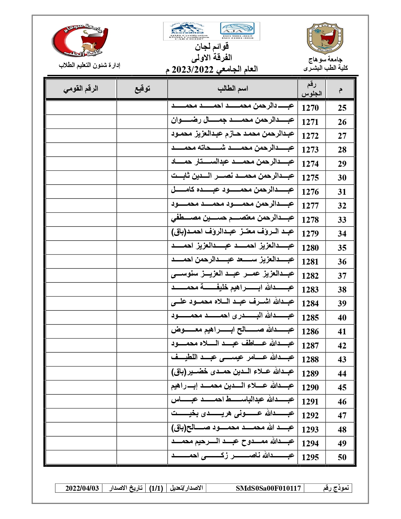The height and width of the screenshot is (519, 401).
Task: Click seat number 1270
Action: (x=310, y=108)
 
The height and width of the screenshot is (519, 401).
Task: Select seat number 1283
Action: (x=310, y=290)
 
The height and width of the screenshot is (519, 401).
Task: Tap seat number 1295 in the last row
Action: (x=310, y=457)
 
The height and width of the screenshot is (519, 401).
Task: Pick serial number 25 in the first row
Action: (x=342, y=108)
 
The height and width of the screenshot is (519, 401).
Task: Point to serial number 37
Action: (x=342, y=276)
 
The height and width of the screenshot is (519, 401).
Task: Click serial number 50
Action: (x=342, y=457)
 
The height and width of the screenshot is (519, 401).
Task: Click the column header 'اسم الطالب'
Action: (x=233, y=89)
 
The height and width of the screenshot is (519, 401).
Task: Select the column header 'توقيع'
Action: (x=142, y=89)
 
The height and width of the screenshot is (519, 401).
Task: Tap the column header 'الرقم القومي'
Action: (x=81, y=89)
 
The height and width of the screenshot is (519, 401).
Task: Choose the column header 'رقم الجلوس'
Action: (x=311, y=89)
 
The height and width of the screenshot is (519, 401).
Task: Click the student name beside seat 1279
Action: (x=233, y=232)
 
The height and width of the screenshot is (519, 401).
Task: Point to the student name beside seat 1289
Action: (x=233, y=372)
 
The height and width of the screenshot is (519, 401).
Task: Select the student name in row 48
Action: (x=233, y=428)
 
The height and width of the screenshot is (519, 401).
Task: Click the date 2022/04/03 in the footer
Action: (x=82, y=488)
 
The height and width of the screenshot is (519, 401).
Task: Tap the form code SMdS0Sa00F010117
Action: (x=268, y=488)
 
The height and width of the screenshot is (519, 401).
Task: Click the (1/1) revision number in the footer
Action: (x=156, y=488)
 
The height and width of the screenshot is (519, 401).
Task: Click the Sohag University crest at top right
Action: (x=325, y=38)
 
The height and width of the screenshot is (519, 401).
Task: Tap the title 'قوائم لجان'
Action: (x=212, y=47)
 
